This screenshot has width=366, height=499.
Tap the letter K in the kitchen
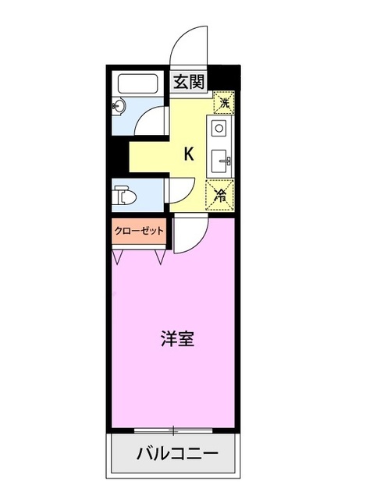point(189,154)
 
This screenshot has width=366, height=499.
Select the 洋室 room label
point(178,339)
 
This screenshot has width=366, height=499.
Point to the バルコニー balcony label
point(176,453)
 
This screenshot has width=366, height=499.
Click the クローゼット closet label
point(140,232)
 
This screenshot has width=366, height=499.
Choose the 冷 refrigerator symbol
point(221,195)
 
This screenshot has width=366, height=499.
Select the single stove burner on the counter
point(219,127)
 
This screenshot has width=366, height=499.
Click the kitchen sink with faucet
point(221,161)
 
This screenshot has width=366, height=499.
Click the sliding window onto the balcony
point(174,430)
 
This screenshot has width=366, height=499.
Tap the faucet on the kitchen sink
point(226,161)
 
